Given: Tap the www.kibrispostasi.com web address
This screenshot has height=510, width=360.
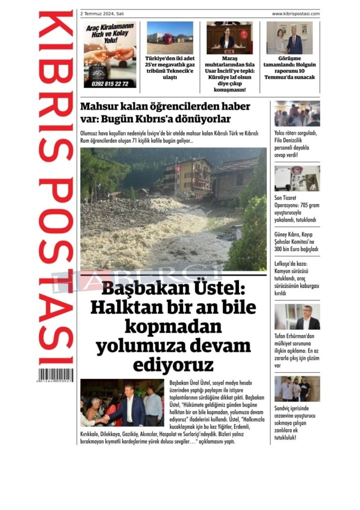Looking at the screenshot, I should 296,14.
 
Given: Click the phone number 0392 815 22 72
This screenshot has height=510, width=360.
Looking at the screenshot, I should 110,84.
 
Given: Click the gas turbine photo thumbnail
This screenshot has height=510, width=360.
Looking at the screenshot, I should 170,32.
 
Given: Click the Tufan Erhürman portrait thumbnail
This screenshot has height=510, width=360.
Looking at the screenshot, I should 297,317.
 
